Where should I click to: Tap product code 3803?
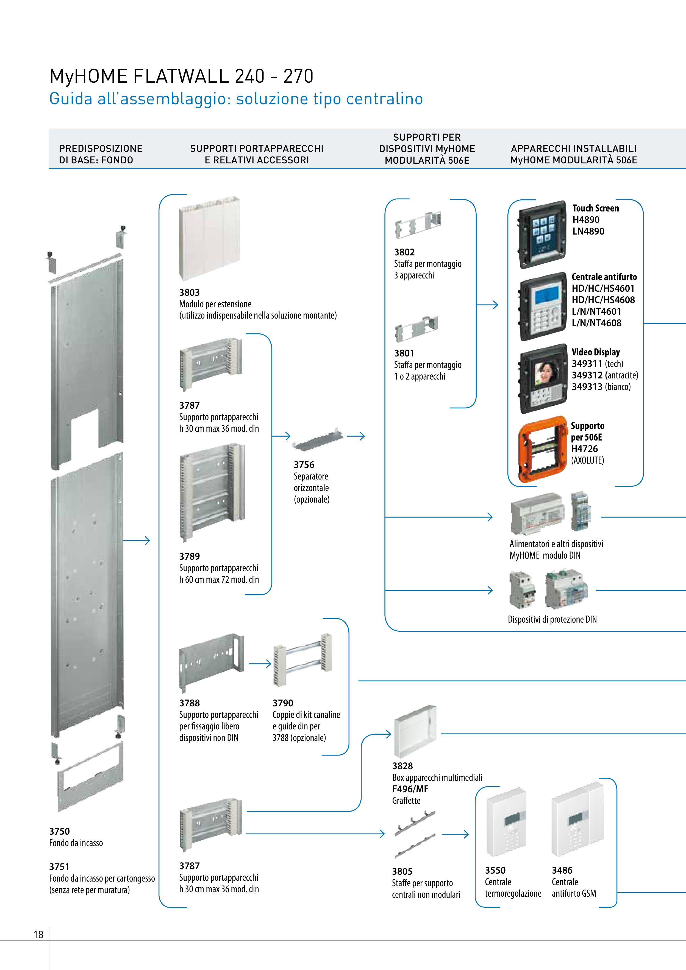coord(189,292)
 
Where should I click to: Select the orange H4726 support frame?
coord(543,450)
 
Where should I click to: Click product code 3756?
coord(304,465)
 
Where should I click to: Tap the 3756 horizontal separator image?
coord(318,440)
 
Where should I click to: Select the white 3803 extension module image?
coord(210,238)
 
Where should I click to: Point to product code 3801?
coord(404,353)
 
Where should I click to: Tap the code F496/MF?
coord(410,789)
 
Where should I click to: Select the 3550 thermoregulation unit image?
coord(506,822)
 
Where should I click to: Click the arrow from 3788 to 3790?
coord(260,664)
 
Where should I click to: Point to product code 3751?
coord(59,866)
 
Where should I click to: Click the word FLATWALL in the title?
coord(181,76)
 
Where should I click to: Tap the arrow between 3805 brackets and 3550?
coord(455,834)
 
